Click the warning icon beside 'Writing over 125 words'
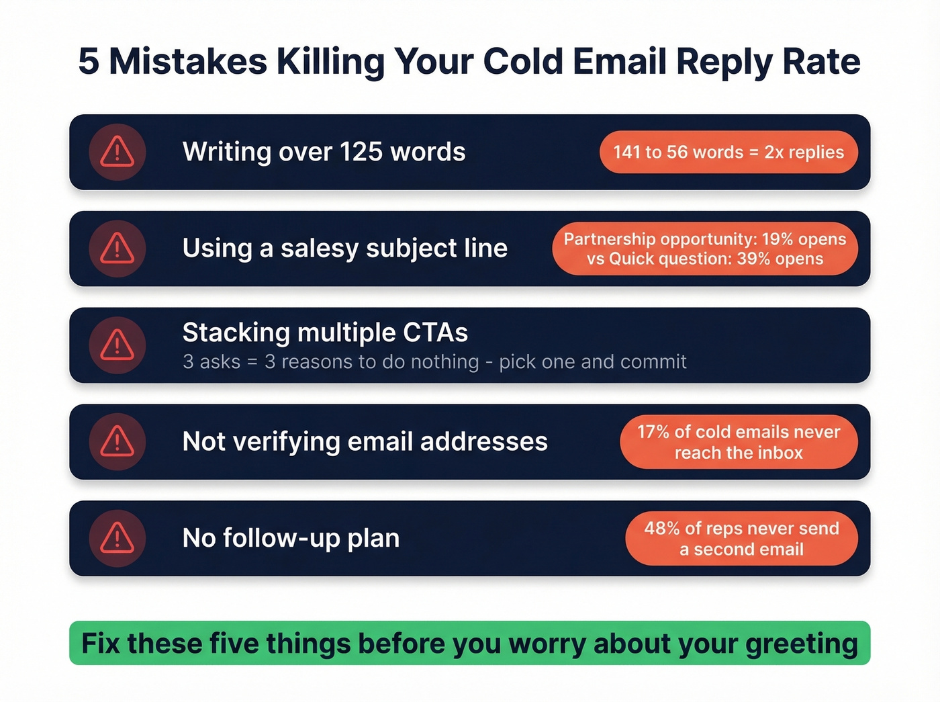click(x=117, y=152)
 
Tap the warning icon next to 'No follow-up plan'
click(x=117, y=538)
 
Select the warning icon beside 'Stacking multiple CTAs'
click(x=117, y=345)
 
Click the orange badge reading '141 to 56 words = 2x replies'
click(x=728, y=152)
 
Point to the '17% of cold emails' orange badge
click(x=739, y=442)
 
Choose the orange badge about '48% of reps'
click(x=741, y=538)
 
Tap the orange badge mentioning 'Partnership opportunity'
click(x=704, y=249)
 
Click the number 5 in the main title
click(x=89, y=62)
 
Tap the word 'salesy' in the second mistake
click(x=320, y=249)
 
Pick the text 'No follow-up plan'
click(x=291, y=538)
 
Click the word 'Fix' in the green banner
click(x=101, y=644)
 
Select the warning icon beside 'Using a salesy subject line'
click(x=117, y=249)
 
